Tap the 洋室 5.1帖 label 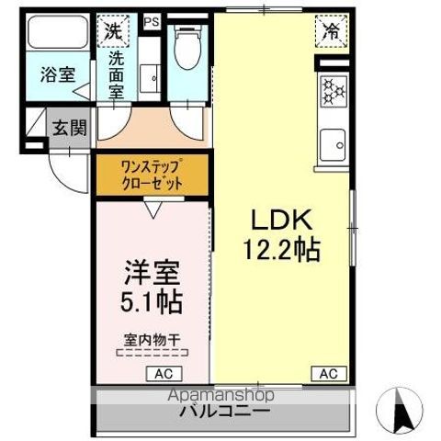point(153,287)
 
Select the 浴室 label point(56,75)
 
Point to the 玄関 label point(68,127)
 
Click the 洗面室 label point(117,74)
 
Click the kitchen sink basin point(332,145)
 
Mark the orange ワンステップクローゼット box point(153,175)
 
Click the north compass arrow point(401,408)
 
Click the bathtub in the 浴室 point(56,35)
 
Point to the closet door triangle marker point(152,209)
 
